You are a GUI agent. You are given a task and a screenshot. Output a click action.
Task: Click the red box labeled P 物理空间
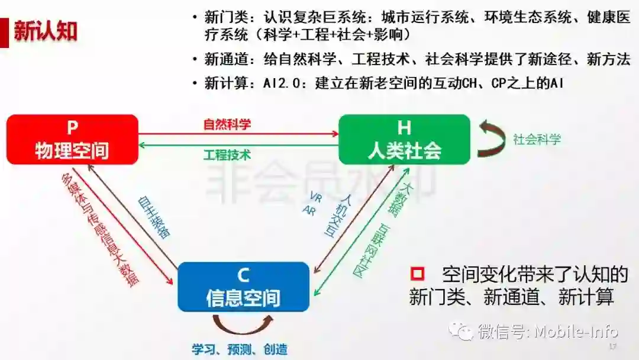point(72,139)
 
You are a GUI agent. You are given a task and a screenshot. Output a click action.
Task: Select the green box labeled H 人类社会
point(404,139)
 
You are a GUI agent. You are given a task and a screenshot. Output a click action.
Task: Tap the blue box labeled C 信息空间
point(243,287)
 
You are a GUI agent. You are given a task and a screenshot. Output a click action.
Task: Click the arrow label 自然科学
point(227,125)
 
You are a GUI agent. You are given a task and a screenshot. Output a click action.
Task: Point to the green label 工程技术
point(227,155)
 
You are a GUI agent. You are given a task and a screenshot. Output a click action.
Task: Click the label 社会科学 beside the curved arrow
point(537,140)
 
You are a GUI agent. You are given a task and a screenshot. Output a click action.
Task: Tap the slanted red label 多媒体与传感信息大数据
point(100,231)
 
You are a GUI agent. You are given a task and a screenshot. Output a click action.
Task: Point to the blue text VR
point(315,196)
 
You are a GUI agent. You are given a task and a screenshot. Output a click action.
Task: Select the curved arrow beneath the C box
point(243,323)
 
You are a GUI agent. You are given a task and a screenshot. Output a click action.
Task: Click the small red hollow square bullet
point(418,274)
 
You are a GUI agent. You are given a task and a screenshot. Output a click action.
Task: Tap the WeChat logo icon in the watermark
point(460,330)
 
